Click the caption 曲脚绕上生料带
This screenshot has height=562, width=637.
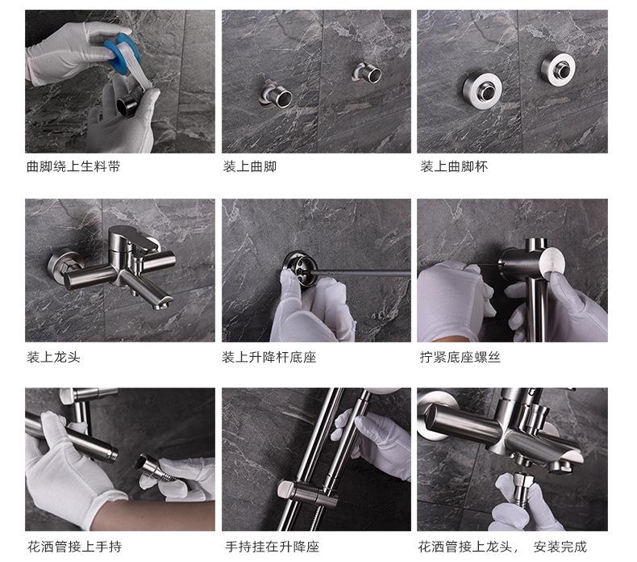pos(73,166)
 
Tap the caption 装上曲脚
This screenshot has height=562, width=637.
pos(250,166)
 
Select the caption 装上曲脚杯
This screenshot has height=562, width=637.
pos(454,166)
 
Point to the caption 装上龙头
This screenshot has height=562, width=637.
pos(54,357)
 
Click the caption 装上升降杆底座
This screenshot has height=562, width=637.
pos(269,357)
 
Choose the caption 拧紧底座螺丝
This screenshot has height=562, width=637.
pos(460,357)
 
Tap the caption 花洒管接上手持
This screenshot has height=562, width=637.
pos(75,547)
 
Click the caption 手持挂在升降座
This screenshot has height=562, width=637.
pos(273,547)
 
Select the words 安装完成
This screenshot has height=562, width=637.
pos(560,547)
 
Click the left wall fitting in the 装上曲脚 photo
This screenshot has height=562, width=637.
pos(276,94)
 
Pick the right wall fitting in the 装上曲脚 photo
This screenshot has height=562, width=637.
pos(367,73)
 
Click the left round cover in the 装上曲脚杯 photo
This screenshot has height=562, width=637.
pos(483,90)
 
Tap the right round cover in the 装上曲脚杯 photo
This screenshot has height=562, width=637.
pos(558,69)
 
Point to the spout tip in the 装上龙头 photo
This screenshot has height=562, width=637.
pos(164,302)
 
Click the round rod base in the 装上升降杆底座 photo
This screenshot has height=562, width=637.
pos(299,269)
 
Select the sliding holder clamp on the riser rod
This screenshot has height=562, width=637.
pos(306,492)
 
